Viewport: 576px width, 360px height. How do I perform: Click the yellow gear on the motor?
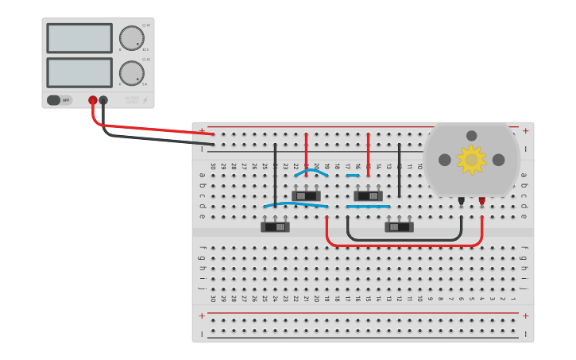click(471, 160)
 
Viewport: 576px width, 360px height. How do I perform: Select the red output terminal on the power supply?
click(93, 100)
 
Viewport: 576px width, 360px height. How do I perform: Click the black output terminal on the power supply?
click(103, 100)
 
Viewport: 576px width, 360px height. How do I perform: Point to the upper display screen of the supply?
click(79, 38)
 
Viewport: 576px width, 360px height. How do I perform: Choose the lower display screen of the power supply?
click(79, 72)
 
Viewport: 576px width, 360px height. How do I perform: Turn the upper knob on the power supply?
click(131, 37)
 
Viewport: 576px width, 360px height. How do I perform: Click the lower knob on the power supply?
click(131, 73)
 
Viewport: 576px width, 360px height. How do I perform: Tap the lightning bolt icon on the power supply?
click(144, 100)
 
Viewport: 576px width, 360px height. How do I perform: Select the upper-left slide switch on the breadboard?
click(306, 195)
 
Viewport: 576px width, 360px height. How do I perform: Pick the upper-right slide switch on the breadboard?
click(368, 195)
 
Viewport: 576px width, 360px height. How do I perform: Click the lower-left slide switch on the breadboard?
click(275, 227)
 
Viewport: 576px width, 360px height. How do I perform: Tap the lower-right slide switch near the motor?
click(399, 227)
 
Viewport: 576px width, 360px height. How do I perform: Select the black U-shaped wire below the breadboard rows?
click(404, 238)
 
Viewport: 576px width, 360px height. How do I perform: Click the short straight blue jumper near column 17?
click(353, 176)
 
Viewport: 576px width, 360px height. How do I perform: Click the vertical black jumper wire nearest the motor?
click(399, 168)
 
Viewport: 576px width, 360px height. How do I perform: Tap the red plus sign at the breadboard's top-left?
click(202, 130)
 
